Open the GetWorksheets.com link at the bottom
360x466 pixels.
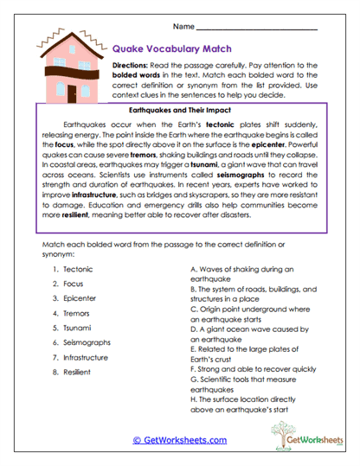(179, 439)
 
